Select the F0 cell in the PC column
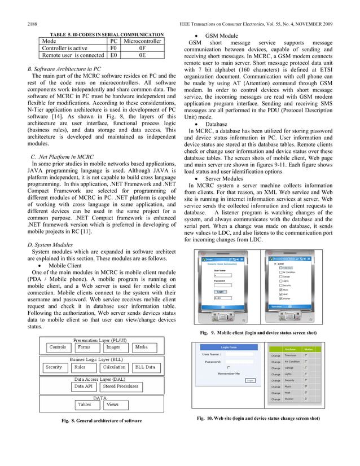(113, 49)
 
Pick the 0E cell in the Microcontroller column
(142, 56)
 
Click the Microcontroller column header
(142, 41)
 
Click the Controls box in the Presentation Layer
(58, 347)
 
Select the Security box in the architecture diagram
(54, 367)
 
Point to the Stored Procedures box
(120, 386)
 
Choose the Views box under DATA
(112, 405)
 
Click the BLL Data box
(144, 367)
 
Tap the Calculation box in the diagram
(114, 367)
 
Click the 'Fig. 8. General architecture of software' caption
(102, 421)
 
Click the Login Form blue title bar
(229, 332)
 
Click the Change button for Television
(275, 355)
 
